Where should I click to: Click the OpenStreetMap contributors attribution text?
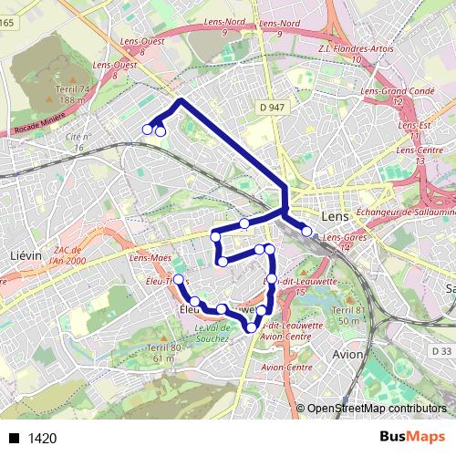click(x=376, y=409)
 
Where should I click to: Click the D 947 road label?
click(x=271, y=107)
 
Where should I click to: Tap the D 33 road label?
click(x=441, y=350)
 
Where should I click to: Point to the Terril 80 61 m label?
click(x=161, y=353)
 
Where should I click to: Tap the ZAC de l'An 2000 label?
click(x=68, y=255)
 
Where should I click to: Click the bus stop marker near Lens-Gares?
click(x=306, y=232)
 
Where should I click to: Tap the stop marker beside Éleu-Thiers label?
click(x=179, y=279)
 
